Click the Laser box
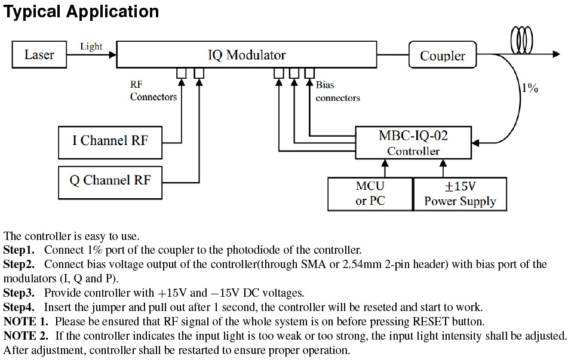[x=39, y=54]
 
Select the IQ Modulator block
[x=246, y=55]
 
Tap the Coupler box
[x=442, y=56]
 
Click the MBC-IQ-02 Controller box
[x=413, y=143]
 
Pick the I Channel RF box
[x=110, y=141]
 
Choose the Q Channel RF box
[x=110, y=180]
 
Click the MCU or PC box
[x=370, y=194]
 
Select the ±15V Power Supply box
[x=460, y=194]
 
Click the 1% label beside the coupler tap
[x=530, y=88]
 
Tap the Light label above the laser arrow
[x=91, y=46]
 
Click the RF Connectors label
[x=154, y=91]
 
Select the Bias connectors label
[x=337, y=91]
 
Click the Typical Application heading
[x=82, y=11]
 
